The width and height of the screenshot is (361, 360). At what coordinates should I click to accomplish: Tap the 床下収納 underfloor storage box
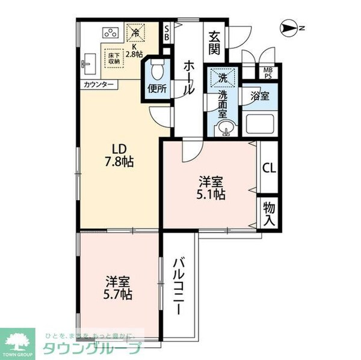(x=114, y=58)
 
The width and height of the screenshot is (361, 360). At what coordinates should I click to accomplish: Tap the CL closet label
(x=268, y=168)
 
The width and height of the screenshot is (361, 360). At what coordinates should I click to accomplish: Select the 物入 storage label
(x=268, y=213)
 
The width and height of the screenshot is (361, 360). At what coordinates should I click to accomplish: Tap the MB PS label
(x=267, y=73)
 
